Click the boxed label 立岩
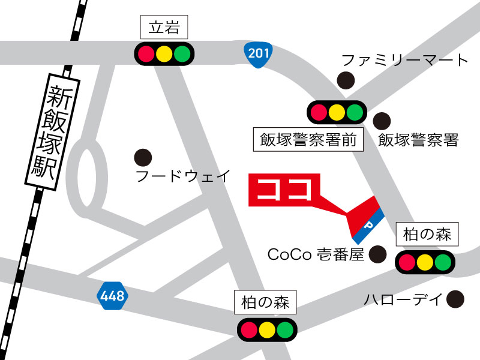(x=163, y=28)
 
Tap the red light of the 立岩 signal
(x=146, y=53)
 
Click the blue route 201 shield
(x=258, y=53)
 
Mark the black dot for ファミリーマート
(x=346, y=79)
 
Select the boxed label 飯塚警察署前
(x=308, y=140)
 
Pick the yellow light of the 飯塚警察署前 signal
(x=337, y=112)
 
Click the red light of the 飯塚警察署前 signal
(x=319, y=112)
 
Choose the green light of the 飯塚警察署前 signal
(x=355, y=112)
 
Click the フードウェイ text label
(x=183, y=176)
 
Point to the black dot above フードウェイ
(x=142, y=157)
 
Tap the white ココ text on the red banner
(x=285, y=190)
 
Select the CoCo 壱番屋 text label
(x=316, y=255)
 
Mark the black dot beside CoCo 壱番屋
(x=377, y=255)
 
